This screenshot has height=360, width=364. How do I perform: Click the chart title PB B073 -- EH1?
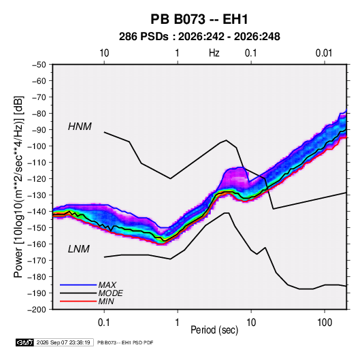click(199, 19)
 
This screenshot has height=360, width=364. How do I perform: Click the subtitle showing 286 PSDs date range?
click(199, 37)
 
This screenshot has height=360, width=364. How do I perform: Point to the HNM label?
click(80, 127)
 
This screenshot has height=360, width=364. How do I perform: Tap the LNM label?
click(79, 249)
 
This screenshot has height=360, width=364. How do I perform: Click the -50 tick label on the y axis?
click(39, 65)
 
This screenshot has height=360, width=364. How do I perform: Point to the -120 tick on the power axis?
click(37, 179)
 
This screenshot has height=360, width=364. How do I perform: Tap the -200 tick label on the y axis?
click(37, 310)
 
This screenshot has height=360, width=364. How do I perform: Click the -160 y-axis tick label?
click(37, 244)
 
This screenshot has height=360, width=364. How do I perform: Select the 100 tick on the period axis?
click(325, 323)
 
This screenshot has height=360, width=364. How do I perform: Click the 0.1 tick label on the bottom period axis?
click(104, 323)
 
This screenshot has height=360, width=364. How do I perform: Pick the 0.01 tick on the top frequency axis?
click(324, 53)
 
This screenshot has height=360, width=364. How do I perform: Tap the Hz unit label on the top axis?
click(214, 53)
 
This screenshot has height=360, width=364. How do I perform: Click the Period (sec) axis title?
click(214, 330)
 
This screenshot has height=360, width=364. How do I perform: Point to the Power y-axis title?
click(18, 186)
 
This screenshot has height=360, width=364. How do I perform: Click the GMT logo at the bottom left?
click(25, 342)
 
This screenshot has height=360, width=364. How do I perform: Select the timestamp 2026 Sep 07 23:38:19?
click(63, 342)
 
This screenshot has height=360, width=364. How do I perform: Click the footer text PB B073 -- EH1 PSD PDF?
click(125, 342)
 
